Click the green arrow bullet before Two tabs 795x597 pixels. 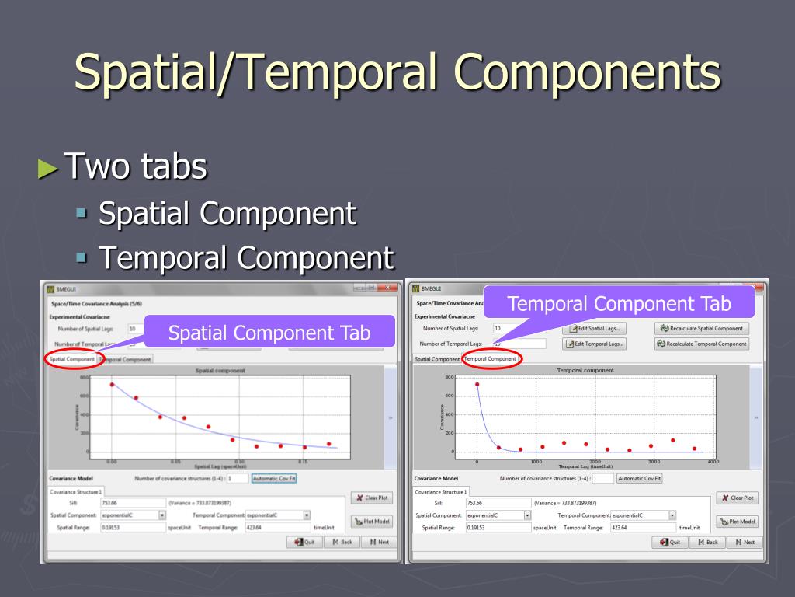click(x=48, y=168)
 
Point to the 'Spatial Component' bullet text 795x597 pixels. click(x=227, y=213)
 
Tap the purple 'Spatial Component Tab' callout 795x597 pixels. click(x=269, y=333)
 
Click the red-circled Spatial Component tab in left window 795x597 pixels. click(x=71, y=359)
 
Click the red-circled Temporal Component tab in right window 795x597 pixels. click(x=491, y=358)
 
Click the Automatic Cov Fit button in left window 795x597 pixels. click(x=274, y=478)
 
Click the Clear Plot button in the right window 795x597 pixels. click(x=737, y=497)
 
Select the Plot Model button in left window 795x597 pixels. click(x=373, y=521)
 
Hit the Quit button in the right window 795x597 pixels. click(x=668, y=542)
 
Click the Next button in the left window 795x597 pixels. click(x=379, y=542)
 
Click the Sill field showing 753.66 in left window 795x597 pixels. click(x=132, y=503)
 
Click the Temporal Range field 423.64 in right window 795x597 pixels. click(x=641, y=527)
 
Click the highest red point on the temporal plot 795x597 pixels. click(x=477, y=384)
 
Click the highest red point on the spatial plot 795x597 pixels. click(x=112, y=384)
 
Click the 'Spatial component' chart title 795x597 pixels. click(x=220, y=371)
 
